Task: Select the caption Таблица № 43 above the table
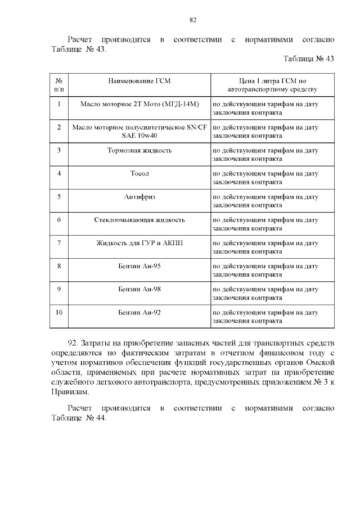(x=309, y=59)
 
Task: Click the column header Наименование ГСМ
(x=139, y=82)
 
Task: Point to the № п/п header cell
(x=59, y=85)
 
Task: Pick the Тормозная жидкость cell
(x=139, y=150)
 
